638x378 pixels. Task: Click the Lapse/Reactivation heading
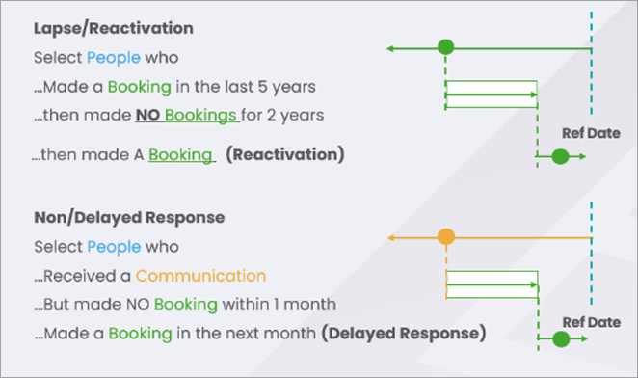pyautogui.click(x=114, y=29)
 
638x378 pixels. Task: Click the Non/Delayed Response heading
pyautogui.click(x=129, y=218)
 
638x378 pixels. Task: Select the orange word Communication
pyautogui.click(x=201, y=276)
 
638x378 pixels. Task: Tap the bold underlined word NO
pyautogui.click(x=147, y=116)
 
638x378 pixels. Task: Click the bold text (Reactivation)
pyautogui.click(x=285, y=154)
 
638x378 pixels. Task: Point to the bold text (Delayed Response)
pyautogui.click(x=404, y=334)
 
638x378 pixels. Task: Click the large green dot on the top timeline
pyautogui.click(x=446, y=47)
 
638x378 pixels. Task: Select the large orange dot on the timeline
pyautogui.click(x=446, y=236)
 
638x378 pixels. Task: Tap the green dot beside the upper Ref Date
pyautogui.click(x=560, y=156)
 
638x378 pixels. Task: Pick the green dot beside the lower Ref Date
pyautogui.click(x=561, y=338)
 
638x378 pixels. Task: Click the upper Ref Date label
pyautogui.click(x=591, y=133)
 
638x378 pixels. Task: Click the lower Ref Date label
pyautogui.click(x=592, y=322)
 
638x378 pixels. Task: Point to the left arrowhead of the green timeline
pyautogui.click(x=389, y=49)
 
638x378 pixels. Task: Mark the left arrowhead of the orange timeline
pyautogui.click(x=390, y=237)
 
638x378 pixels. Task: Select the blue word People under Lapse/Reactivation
pyautogui.click(x=114, y=58)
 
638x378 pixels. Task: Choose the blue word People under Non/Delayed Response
pyautogui.click(x=114, y=247)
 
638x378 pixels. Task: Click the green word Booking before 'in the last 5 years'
pyautogui.click(x=140, y=87)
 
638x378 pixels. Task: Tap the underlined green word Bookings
pyautogui.click(x=200, y=116)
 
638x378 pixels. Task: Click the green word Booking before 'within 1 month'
pyautogui.click(x=186, y=305)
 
